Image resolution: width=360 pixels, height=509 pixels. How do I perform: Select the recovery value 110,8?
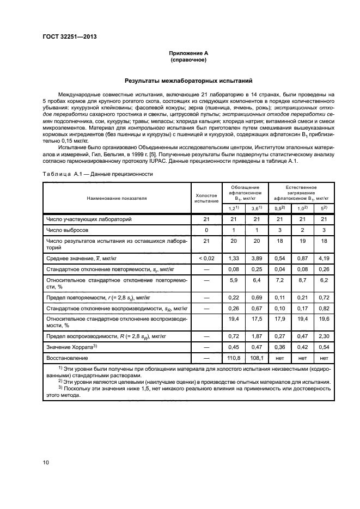point(232,359)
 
